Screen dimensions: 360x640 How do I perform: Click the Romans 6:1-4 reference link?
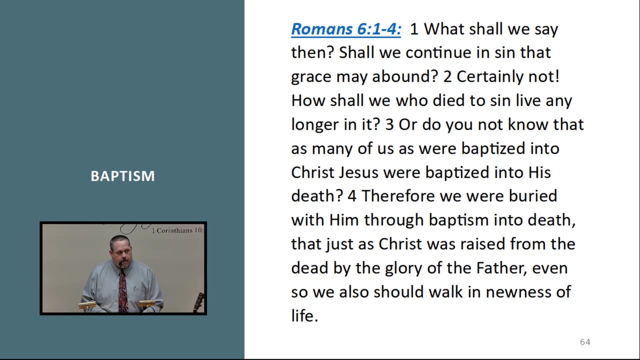pos(346,29)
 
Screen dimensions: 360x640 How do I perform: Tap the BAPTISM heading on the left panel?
pos(122,176)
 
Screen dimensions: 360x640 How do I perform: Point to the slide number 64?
pos(585,342)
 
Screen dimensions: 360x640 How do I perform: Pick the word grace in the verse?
pos(311,77)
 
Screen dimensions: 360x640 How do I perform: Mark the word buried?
pos(533,196)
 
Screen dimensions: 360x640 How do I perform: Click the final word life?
pos(304,316)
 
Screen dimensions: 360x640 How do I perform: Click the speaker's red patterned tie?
pos(123,290)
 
